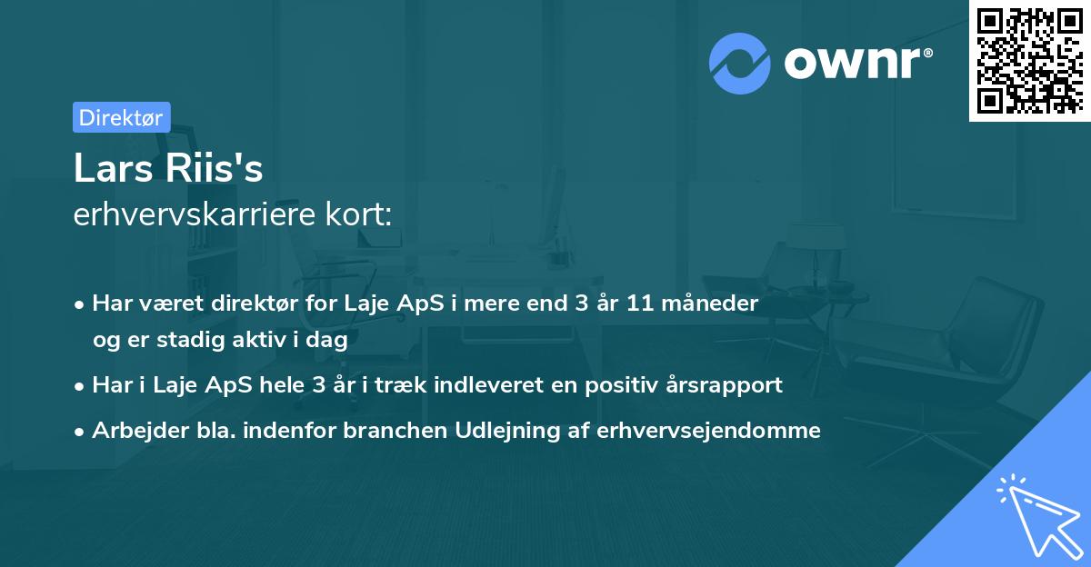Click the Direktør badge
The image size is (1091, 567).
pos(121,117)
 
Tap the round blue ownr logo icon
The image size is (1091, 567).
pos(741,64)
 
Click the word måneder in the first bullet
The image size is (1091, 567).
pos(717,303)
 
